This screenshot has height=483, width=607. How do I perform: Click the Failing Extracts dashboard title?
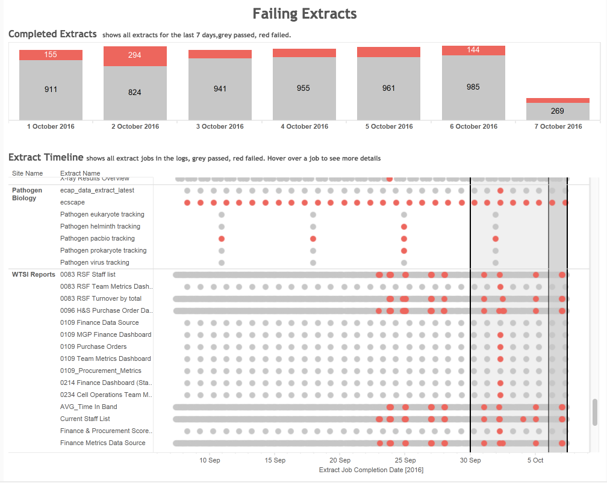pos(304,14)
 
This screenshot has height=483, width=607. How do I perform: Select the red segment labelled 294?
pos(135,55)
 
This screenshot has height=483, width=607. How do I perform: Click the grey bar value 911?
pos(51,89)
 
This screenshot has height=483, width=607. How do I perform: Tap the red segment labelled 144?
pos(473,50)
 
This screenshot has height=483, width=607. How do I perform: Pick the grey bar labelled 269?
pos(557,111)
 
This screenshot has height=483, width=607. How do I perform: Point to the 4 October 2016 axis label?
pos(304,126)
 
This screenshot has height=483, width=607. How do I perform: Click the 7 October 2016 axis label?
pos(558,126)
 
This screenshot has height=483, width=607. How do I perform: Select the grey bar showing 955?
pos(304,88)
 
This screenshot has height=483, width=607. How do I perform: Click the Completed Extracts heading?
pos(52,34)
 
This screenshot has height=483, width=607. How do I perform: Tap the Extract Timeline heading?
pos(46,158)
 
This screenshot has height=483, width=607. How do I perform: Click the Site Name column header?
pos(27,173)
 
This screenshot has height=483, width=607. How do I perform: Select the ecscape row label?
pos(72,202)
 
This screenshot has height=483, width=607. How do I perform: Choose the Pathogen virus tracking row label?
pos(95,262)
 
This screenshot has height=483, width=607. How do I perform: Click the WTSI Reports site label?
pos(33,274)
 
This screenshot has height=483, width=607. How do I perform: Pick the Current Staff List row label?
pos(85,419)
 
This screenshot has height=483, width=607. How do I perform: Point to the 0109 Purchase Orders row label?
pos(93,346)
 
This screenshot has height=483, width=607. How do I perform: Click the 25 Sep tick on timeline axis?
pos(405,460)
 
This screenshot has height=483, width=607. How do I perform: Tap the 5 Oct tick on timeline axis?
pos(535,460)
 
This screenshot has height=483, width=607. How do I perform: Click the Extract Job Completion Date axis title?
pos(371,470)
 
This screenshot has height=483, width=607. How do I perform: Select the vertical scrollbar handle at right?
pos(595,412)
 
